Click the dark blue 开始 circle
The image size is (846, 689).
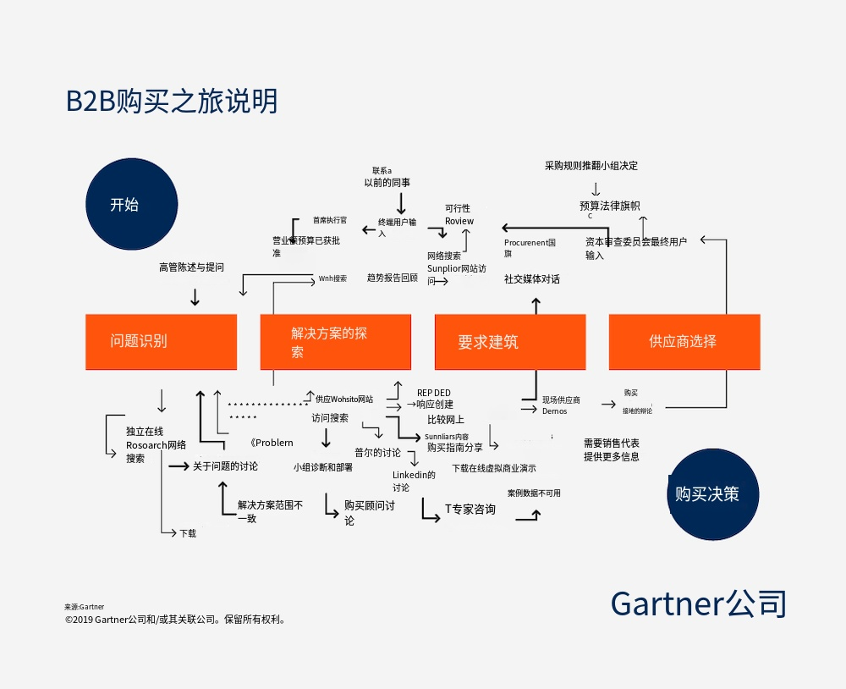[132, 204]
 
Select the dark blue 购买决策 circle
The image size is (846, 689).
[713, 494]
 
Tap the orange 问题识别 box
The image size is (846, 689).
[161, 342]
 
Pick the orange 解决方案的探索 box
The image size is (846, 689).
[335, 342]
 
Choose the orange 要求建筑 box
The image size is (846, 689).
[509, 342]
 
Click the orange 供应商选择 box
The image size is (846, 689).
[684, 342]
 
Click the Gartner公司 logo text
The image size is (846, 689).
[699, 604]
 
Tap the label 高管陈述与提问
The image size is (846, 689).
[192, 267]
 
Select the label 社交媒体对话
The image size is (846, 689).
[532, 279]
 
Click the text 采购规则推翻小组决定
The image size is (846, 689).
[591, 166]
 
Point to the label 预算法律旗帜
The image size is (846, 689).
[609, 206]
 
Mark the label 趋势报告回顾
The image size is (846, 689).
[393, 278]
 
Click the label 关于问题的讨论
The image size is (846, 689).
[225, 466]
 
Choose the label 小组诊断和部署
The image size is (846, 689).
[323, 466]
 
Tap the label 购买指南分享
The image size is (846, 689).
[455, 448]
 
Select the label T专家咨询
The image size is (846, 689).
[470, 510]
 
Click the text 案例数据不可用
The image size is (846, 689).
[534, 493]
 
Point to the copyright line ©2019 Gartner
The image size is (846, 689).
[176, 620]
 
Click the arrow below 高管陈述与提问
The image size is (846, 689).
[195, 297]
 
